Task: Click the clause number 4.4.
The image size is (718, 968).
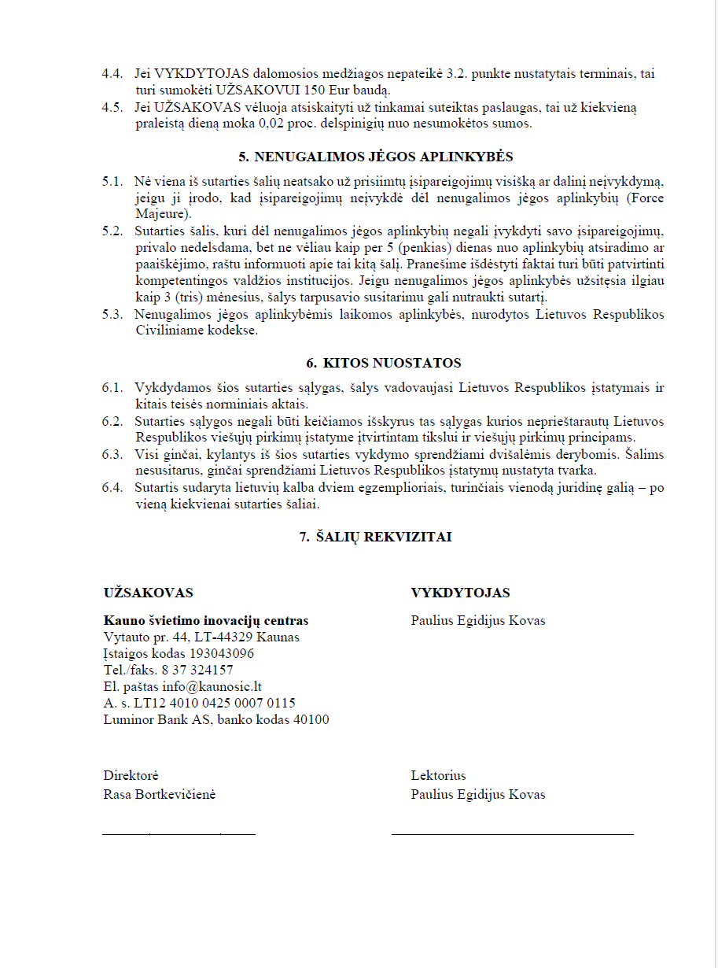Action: [112, 74]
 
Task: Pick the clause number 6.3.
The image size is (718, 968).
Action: [112, 454]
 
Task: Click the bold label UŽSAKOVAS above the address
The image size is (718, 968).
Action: [149, 593]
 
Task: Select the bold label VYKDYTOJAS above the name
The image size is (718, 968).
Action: [460, 593]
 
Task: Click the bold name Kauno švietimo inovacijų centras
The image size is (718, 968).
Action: [206, 620]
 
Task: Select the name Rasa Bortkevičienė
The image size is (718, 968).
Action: [160, 794]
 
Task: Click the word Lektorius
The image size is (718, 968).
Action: [438, 776]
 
